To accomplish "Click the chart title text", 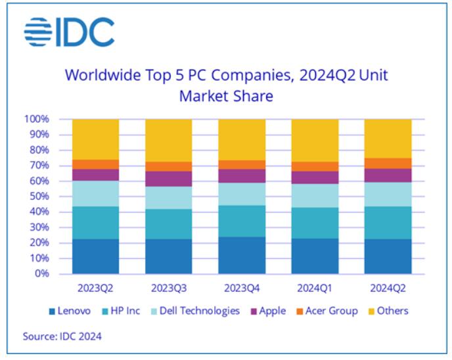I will [226, 85].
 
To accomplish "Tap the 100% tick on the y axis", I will [36, 120].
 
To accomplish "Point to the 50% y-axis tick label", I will [38, 196].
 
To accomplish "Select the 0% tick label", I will [41, 273].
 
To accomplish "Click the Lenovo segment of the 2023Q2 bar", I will [95, 256].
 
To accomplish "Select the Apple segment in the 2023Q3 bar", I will [168, 179].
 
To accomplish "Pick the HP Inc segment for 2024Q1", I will [315, 223].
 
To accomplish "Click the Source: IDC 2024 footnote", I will [62, 336].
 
